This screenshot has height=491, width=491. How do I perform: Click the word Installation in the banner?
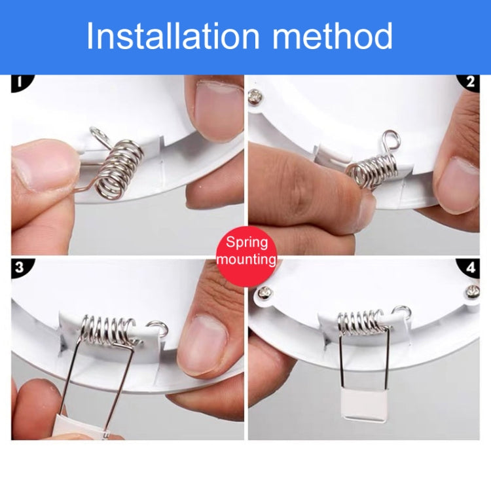[x=173, y=35]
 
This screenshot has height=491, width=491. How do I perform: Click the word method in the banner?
[x=332, y=35]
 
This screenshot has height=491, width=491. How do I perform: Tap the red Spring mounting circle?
[x=246, y=251]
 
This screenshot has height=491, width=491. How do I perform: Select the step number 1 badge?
[x=21, y=82]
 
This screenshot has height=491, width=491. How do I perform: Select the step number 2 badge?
[x=469, y=82]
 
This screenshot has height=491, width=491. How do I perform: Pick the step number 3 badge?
[x=21, y=267]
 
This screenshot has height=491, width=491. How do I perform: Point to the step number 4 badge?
[x=469, y=267]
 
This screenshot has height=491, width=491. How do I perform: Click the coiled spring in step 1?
[x=119, y=170]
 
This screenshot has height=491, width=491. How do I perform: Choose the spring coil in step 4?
[x=361, y=322]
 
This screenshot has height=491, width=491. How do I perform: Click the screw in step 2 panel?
[x=255, y=97]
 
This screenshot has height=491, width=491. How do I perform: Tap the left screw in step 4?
[x=266, y=293]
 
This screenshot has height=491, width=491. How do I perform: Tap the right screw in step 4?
[x=473, y=291]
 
